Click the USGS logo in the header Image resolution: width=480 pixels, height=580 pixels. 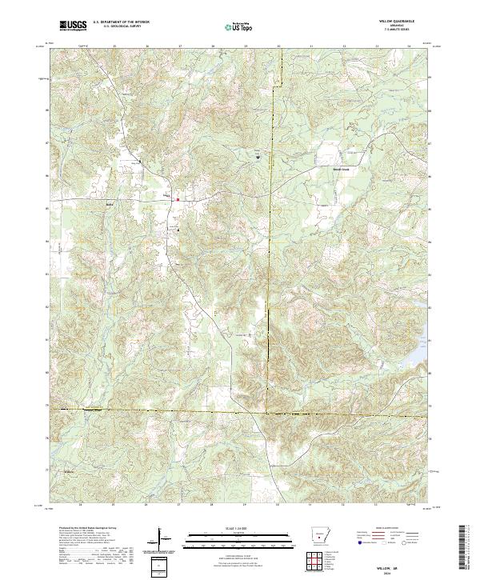[x=74, y=26]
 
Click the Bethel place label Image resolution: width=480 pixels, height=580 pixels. [x=110, y=203]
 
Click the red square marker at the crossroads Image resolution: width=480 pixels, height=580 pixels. [x=178, y=199]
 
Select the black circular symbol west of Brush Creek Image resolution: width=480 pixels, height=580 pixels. [x=258, y=157]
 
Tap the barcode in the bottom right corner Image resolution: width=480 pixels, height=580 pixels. [x=465, y=550]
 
